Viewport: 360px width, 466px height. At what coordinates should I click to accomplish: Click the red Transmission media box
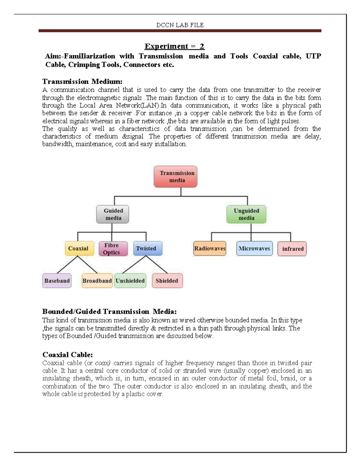pyautogui.click(x=175, y=177)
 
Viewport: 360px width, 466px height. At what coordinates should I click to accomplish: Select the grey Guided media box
pyautogui.click(x=112, y=214)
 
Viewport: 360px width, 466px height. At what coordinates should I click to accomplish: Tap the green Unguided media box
pyautogui.click(x=246, y=214)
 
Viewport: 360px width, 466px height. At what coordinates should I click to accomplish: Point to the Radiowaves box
pyautogui.click(x=209, y=248)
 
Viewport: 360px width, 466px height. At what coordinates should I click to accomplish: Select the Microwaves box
pyautogui.click(x=254, y=248)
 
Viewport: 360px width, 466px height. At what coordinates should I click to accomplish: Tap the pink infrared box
pyautogui.click(x=292, y=249)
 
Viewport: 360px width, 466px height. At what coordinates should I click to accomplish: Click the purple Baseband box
pyautogui.click(x=57, y=281)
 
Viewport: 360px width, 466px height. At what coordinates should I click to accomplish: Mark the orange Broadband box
pyautogui.click(x=97, y=281)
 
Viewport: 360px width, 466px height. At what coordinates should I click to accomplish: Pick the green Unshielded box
pyautogui.click(x=130, y=281)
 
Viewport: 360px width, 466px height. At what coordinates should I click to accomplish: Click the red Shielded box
pyautogui.click(x=167, y=281)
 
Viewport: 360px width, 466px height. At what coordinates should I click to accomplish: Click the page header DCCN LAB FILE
pyautogui.click(x=180, y=25)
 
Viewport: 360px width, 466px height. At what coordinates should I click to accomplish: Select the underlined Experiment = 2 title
pyautogui.click(x=174, y=46)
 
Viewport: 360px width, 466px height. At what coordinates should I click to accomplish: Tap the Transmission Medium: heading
pyautogui.click(x=82, y=82)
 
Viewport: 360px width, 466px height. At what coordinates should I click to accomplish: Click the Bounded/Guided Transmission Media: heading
pyautogui.click(x=109, y=311)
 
